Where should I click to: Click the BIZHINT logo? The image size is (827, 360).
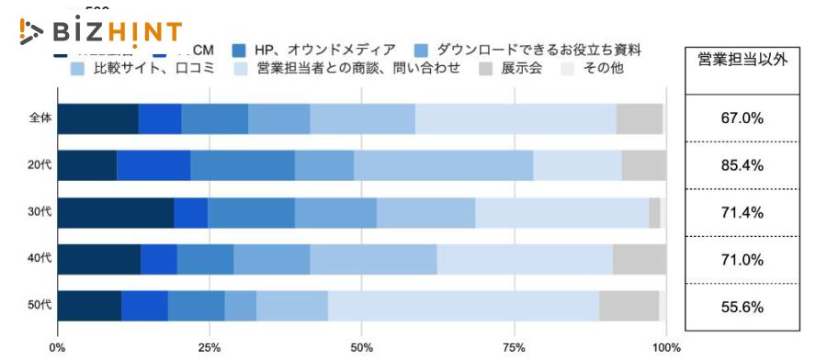point(101,32)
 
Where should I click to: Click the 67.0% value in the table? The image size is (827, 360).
point(742,118)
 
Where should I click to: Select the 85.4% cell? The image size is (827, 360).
point(742,166)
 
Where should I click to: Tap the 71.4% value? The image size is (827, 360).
point(742,213)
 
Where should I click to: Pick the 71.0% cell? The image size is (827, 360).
point(742,260)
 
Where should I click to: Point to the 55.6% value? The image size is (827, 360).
point(742,307)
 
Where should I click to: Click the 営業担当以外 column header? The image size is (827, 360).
point(742,61)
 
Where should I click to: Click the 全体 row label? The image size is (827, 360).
point(40,119)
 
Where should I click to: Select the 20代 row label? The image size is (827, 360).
point(40,166)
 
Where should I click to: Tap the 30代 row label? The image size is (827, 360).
point(40,213)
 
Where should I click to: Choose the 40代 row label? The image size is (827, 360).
point(40,260)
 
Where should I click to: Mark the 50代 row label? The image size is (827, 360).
point(40,307)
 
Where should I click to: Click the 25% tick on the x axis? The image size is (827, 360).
point(209,347)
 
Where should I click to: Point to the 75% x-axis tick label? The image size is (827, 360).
point(514,347)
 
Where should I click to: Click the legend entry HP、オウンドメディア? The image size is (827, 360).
point(312,49)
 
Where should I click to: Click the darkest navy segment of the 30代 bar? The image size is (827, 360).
point(115,213)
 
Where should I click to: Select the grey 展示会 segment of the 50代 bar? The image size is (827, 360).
point(629,307)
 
